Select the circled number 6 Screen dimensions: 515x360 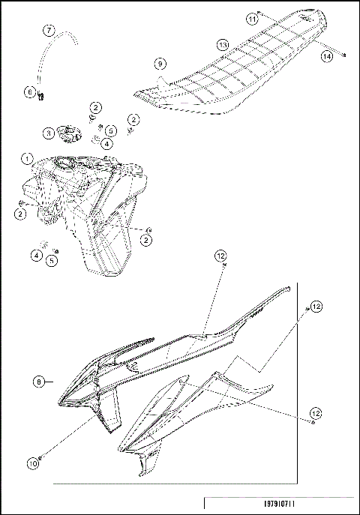tap(30, 91)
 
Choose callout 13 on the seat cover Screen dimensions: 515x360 tap(223, 45)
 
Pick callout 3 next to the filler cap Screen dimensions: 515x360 tap(48, 133)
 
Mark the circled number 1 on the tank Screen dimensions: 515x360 tap(27, 159)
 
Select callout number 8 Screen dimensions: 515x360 tap(39, 382)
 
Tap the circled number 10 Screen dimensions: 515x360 tap(33, 463)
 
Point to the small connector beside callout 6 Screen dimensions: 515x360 tap(40, 94)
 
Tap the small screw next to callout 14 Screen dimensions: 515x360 tap(343, 54)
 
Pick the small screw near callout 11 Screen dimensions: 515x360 tap(259, 13)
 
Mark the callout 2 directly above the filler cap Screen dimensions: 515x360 tap(97, 109)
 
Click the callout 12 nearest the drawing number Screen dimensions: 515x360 tap(316, 413)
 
